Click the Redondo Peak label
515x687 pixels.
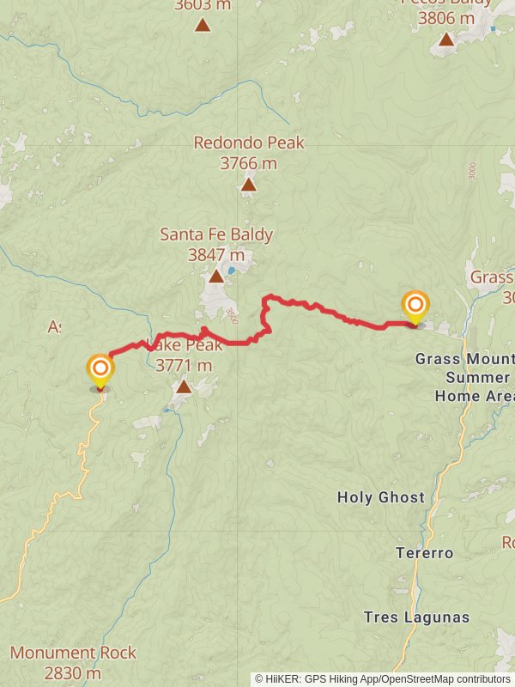[249, 143]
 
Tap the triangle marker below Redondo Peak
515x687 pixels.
[248, 185]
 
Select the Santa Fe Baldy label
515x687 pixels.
[216, 234]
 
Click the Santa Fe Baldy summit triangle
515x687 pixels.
[216, 276]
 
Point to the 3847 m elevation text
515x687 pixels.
[216, 254]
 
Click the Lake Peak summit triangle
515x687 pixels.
[183, 387]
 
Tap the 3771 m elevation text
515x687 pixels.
[184, 366]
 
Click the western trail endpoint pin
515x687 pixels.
[100, 372]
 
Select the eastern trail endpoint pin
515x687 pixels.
[415, 307]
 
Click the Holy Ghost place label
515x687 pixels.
[380, 497]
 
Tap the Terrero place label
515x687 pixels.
[424, 553]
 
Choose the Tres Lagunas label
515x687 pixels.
[416, 617]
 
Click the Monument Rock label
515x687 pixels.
[73, 653]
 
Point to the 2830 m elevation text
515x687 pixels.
[73, 673]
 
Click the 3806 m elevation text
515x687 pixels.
[446, 17]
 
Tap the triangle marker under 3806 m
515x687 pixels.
[446, 39]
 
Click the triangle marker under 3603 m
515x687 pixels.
[203, 24]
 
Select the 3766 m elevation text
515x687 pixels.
[249, 162]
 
